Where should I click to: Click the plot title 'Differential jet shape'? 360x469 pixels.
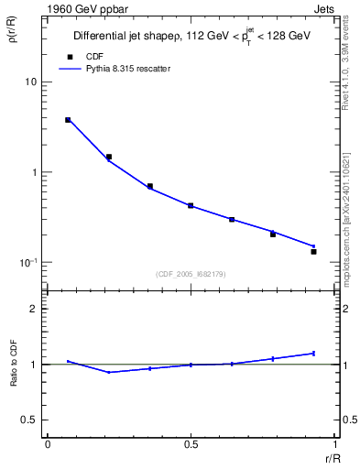(x=122, y=37)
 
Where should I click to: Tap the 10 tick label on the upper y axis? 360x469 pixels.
(x=30, y=82)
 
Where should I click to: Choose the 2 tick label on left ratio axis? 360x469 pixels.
(x=34, y=310)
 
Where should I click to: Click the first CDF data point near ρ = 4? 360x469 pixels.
(x=68, y=120)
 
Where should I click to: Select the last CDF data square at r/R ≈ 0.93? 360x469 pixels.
(x=313, y=251)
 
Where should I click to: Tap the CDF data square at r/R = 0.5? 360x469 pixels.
(x=191, y=206)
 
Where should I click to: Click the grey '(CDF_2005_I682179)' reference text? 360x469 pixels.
(x=191, y=274)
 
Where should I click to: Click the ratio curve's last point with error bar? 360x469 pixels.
(x=313, y=353)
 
